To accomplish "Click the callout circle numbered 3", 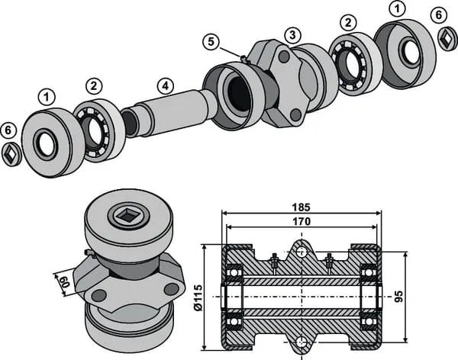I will [292, 35].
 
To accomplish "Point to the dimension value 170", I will [301, 222].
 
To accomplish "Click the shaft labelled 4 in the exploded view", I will [174, 113].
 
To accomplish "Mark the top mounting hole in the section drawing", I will [302, 251].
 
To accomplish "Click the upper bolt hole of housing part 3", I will [283, 57].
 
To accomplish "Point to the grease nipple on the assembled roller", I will [89, 252].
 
